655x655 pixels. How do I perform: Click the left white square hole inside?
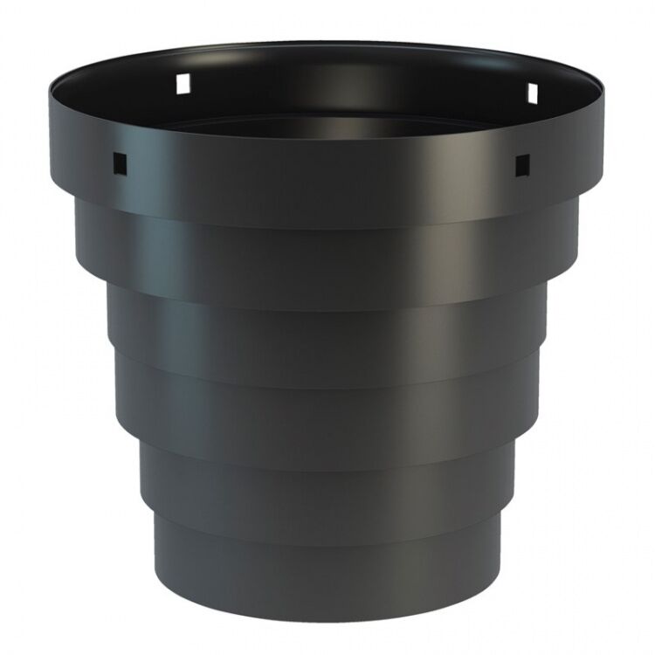point(183,83)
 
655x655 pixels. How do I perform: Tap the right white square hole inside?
point(530,92)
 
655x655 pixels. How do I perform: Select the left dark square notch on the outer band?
point(119,161)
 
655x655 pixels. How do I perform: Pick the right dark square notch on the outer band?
point(521,162)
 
